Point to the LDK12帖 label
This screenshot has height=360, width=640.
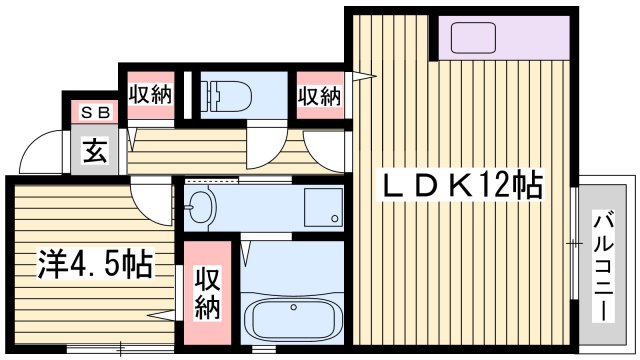459,185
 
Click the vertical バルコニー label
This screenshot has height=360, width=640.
604,266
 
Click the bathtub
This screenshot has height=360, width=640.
292,318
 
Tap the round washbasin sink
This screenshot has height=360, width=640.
200,208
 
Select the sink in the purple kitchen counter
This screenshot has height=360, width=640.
471,39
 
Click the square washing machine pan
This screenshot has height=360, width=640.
319,207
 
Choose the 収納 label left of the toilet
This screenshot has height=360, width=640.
150,96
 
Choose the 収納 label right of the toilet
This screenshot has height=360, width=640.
320,96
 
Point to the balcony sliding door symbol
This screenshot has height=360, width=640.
574,240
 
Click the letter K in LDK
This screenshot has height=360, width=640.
459,185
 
